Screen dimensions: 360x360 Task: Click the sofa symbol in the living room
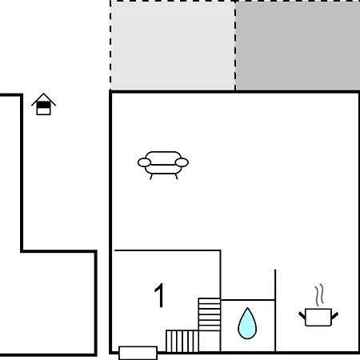(163, 165)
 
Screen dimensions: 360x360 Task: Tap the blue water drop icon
(247, 324)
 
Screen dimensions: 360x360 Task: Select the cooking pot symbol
(318, 317)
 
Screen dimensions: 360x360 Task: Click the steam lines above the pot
(319, 295)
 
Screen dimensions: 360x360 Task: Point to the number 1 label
(159, 295)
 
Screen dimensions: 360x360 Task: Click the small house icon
(43, 104)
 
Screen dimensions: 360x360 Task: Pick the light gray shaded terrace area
(173, 46)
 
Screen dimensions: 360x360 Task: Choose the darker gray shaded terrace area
(298, 46)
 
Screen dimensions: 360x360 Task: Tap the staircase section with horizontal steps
(210, 314)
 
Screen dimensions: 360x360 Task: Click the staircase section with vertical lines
(182, 341)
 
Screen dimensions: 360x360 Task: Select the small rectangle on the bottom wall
(138, 353)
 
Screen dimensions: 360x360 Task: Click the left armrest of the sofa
(144, 162)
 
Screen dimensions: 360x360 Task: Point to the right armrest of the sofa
(182, 162)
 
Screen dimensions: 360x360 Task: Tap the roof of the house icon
(43, 98)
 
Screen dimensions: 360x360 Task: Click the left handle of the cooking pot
(302, 315)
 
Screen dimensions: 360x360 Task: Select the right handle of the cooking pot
(335, 315)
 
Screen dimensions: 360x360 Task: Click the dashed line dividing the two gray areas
(235, 46)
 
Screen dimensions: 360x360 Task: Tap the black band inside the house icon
(43, 105)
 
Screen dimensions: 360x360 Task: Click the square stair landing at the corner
(210, 342)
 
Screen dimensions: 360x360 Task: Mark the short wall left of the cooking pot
(275, 310)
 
